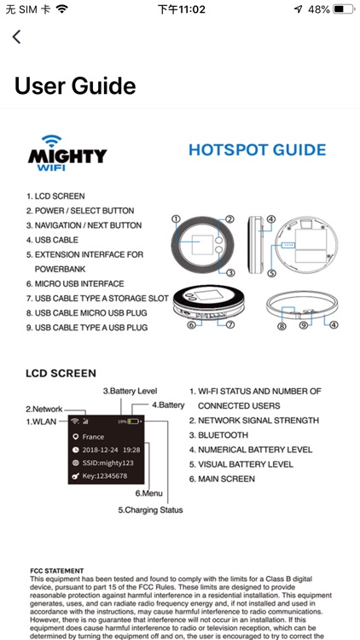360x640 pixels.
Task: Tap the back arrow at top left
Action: click(16, 37)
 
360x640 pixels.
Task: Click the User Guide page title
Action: click(75, 86)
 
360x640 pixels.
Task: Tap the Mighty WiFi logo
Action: click(67, 153)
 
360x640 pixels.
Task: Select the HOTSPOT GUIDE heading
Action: click(257, 150)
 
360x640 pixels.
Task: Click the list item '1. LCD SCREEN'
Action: click(55, 196)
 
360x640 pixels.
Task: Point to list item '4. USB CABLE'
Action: click(52, 240)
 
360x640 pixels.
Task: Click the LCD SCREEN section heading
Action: click(61, 373)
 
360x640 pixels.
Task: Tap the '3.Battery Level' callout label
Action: click(130, 390)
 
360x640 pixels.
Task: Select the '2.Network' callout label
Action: click(44, 409)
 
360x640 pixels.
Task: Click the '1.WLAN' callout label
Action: click(42, 422)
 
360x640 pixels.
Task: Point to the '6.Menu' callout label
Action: click(148, 493)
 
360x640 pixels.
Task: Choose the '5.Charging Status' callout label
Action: click(150, 509)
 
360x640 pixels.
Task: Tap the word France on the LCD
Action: click(93, 437)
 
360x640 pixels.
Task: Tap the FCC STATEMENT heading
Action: click(56, 571)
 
